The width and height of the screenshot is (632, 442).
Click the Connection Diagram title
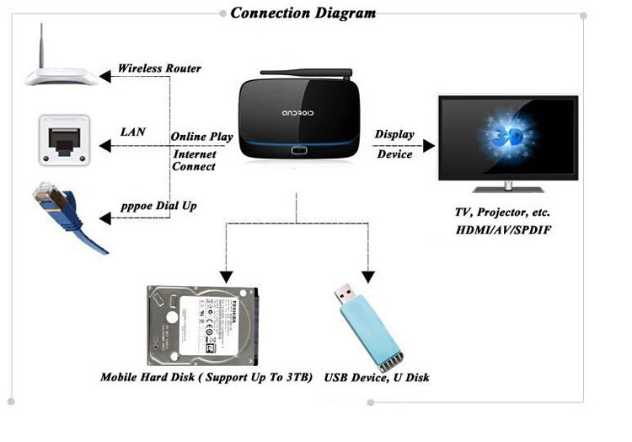tap(303, 13)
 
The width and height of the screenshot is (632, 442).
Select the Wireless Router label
tap(159, 68)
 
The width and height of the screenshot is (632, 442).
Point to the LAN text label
tap(133, 132)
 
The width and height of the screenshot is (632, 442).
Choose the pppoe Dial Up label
tap(158, 206)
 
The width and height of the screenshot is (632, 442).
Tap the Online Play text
tap(202, 137)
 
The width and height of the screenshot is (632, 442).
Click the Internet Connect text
tap(195, 160)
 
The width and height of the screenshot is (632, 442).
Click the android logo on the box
tap(297, 113)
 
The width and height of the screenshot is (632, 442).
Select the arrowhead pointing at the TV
tap(428, 145)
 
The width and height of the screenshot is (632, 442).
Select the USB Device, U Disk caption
tap(377, 377)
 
